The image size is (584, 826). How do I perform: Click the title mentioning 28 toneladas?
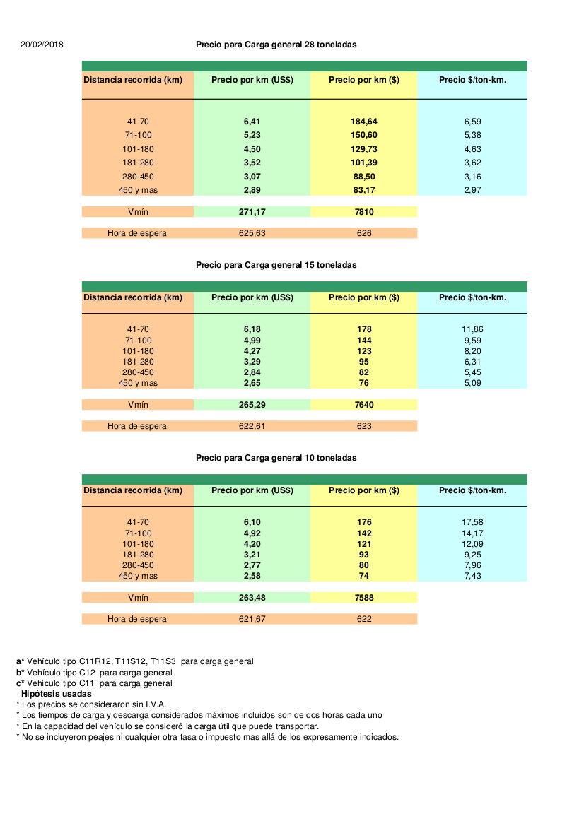click(x=276, y=45)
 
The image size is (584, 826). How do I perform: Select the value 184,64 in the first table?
click(x=364, y=122)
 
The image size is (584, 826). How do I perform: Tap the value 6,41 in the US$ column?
click(x=252, y=122)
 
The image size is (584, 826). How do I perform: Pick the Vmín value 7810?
click(x=364, y=211)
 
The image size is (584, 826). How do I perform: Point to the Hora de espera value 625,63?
click(x=252, y=233)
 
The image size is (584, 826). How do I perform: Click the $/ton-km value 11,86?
click(x=472, y=329)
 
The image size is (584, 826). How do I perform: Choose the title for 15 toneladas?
click(x=276, y=265)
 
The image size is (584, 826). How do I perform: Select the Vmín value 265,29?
click(x=252, y=405)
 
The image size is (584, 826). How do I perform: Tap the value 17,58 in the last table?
click(x=472, y=522)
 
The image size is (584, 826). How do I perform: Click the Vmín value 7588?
click(x=364, y=598)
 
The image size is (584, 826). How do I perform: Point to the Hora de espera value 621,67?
click(x=252, y=619)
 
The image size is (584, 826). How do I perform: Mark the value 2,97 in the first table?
click(x=472, y=190)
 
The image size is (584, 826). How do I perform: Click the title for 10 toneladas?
click(x=276, y=458)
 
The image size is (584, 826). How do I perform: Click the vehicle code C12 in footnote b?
click(x=88, y=673)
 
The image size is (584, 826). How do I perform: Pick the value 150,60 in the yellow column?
click(x=364, y=135)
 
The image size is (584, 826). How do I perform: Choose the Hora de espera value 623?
click(x=364, y=426)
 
